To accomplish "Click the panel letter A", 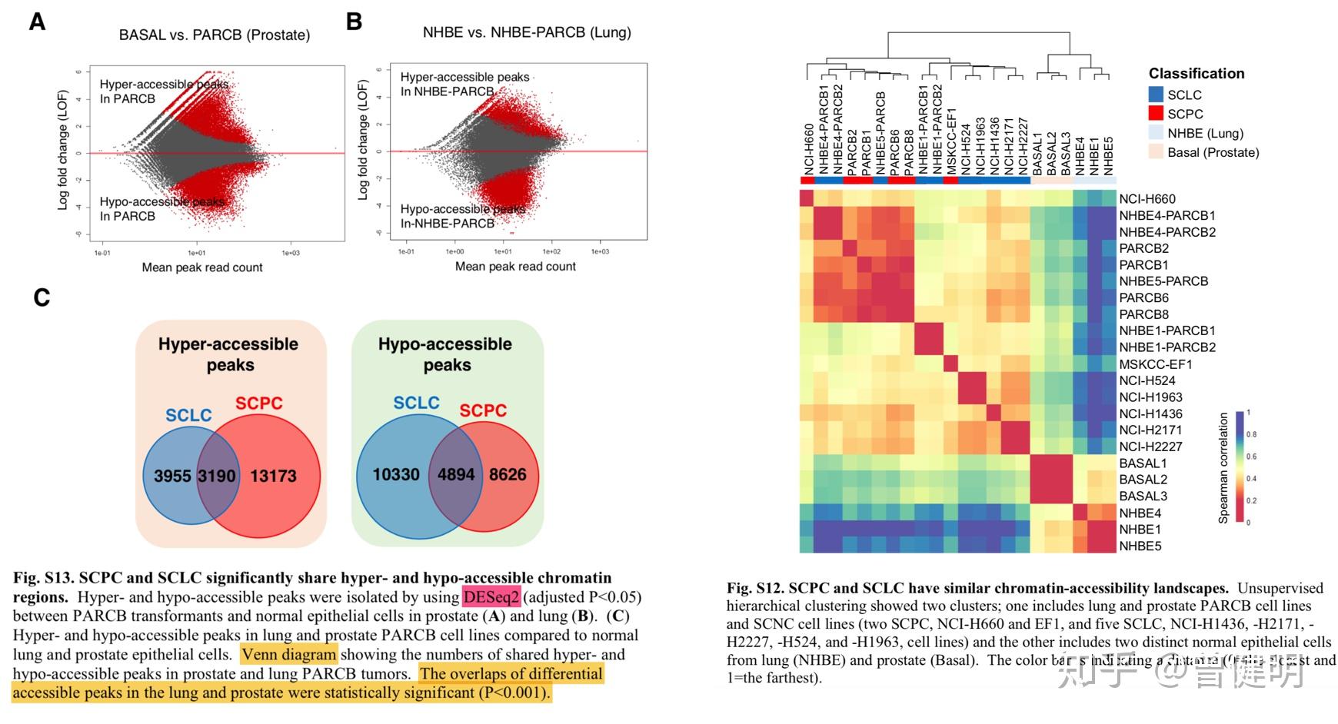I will (x=37, y=22).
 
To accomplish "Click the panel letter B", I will (x=354, y=22).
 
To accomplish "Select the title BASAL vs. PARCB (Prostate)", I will (x=215, y=35).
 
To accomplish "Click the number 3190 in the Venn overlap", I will (x=217, y=476).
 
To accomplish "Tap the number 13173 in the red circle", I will (x=273, y=476).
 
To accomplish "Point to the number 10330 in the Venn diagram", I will (x=396, y=474).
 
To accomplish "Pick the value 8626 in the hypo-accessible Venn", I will (x=508, y=474).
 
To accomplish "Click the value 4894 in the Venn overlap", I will (x=456, y=474).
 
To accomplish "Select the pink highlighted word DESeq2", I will (x=491, y=597).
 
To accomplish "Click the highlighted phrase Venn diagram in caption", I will (x=289, y=655).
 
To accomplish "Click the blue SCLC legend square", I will (x=1156, y=95).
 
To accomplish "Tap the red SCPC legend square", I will (x=1156, y=114).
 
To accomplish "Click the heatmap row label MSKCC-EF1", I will (x=1155, y=364).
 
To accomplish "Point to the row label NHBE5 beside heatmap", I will (x=1140, y=546).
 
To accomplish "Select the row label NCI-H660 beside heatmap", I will (x=1147, y=199).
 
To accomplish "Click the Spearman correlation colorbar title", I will (x=1223, y=468).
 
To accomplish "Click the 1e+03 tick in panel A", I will (x=290, y=253).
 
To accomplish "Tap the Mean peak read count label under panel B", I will (x=515, y=267).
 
